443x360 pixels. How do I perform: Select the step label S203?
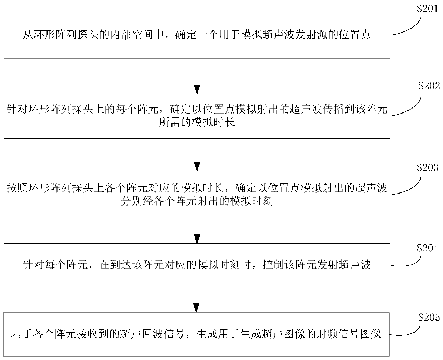click(427, 167)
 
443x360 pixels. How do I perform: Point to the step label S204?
click(427, 247)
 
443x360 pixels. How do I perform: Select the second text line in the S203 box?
click(197, 201)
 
